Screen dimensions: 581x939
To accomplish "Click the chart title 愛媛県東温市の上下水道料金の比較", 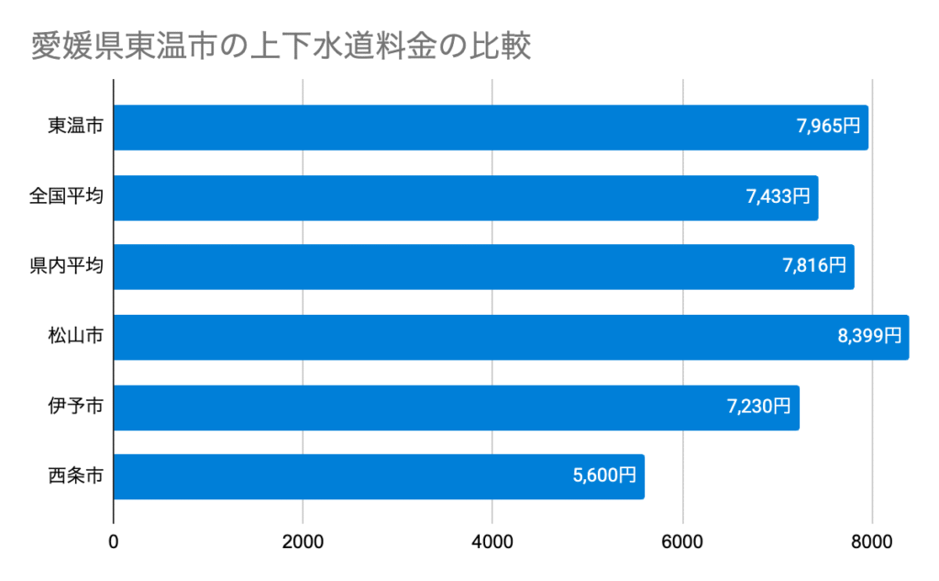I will pyautogui.click(x=281, y=46).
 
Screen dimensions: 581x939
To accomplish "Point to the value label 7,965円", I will pyautogui.click(x=829, y=127).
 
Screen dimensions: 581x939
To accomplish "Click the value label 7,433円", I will pyautogui.click(x=779, y=196).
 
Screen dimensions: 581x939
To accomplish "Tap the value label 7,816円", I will pyautogui.click(x=814, y=266).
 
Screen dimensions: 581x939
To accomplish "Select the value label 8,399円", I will pyautogui.click(x=869, y=336).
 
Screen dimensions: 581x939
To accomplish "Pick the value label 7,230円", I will pyautogui.click(x=759, y=406).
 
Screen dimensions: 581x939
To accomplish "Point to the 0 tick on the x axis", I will pyautogui.click(x=114, y=542).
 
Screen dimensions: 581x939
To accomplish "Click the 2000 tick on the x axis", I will pyautogui.click(x=303, y=542).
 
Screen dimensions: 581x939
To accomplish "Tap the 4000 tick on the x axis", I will pyautogui.click(x=492, y=542).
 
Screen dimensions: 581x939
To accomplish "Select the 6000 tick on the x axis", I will pyautogui.click(x=683, y=542).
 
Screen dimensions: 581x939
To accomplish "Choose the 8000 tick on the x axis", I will pyautogui.click(x=872, y=542).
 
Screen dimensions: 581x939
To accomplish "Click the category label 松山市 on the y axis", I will pyautogui.click(x=75, y=337).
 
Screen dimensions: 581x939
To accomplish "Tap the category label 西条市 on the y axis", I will pyautogui.click(x=75, y=476).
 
